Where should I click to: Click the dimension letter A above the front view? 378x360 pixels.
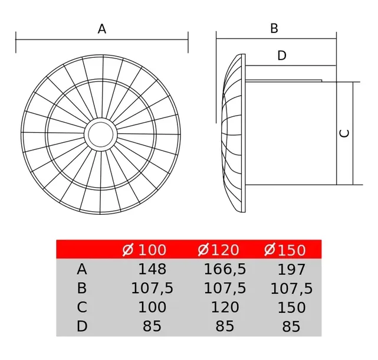(102, 29)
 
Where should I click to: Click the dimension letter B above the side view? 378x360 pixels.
(274, 28)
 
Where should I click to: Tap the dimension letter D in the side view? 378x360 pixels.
(282, 55)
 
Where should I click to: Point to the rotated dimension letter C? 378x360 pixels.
(344, 133)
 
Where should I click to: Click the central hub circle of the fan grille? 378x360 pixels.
(101, 135)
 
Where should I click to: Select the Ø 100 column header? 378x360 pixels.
(144, 250)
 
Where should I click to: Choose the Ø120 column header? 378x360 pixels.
(218, 250)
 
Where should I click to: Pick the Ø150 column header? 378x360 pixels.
(285, 250)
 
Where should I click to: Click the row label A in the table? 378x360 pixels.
(82, 269)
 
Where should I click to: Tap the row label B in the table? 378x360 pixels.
(82, 288)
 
